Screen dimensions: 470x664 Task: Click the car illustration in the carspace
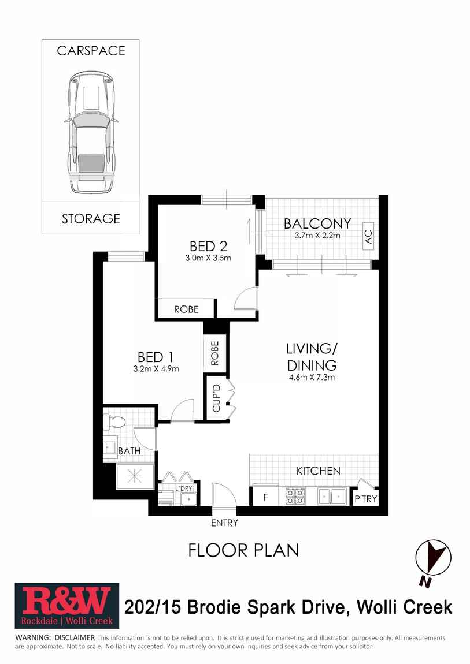tap(91, 132)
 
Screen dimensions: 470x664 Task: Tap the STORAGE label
tap(91, 218)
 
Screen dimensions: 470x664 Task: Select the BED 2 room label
tap(208, 246)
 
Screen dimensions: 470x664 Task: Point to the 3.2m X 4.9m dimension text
tap(156, 369)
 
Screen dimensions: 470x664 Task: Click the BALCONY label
tap(317, 223)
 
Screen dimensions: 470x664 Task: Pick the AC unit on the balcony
tap(368, 236)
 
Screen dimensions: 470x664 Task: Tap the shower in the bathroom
tap(134, 476)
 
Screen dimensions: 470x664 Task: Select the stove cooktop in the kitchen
tap(294, 496)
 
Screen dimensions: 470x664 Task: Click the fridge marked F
tap(266, 497)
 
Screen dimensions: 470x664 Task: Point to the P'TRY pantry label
tap(365, 498)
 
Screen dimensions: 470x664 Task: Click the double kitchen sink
tap(332, 495)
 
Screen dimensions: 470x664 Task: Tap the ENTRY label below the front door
tap(224, 523)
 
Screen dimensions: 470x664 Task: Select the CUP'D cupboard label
tap(216, 398)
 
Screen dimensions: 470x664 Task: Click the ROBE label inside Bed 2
tap(186, 309)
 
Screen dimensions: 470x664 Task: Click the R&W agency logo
tap(67, 606)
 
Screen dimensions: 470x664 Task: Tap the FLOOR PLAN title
tap(244, 550)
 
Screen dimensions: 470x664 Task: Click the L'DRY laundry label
tap(184, 488)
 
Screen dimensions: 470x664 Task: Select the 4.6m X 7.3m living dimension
tap(312, 377)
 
